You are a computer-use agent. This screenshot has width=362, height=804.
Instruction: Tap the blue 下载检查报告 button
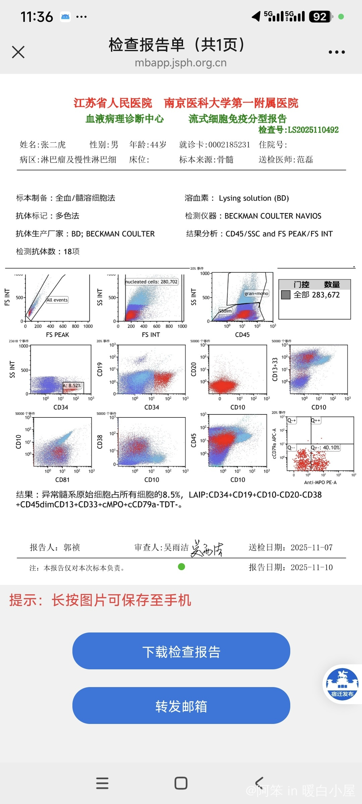pos(181,651)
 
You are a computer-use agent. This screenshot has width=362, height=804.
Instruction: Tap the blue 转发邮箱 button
pos(181,706)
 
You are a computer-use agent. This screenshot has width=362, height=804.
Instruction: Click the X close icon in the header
pos(18,52)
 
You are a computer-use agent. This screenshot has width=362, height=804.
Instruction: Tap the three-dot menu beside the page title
pos(337,52)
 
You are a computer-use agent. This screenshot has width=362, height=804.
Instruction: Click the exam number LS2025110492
pos(313,130)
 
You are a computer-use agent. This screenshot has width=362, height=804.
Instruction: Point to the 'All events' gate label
pos(57,300)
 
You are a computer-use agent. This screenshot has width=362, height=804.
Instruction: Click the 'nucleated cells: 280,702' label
pos(152,282)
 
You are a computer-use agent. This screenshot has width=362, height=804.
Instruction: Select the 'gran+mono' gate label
pos(256,293)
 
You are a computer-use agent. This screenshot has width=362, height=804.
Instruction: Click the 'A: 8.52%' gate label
pos(72,386)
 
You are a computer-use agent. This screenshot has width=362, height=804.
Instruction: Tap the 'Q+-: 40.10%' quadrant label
pos(325,448)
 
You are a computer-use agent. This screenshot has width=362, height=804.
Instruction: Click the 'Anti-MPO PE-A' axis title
pos(320,482)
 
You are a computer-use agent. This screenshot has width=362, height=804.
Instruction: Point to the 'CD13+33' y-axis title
pos(275,370)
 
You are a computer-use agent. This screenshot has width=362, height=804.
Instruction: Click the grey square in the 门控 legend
pos(286,295)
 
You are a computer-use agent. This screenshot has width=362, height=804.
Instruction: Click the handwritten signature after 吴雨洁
pos(207,548)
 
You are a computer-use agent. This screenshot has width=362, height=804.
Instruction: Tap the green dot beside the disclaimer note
pos(181,566)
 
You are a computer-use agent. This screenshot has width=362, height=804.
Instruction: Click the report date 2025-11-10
pos(311,567)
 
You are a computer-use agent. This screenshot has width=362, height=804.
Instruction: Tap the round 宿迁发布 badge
pos(342,684)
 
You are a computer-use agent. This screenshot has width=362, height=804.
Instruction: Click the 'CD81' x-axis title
pos(62,480)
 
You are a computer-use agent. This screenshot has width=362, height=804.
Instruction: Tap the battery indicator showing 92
pos(320,16)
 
